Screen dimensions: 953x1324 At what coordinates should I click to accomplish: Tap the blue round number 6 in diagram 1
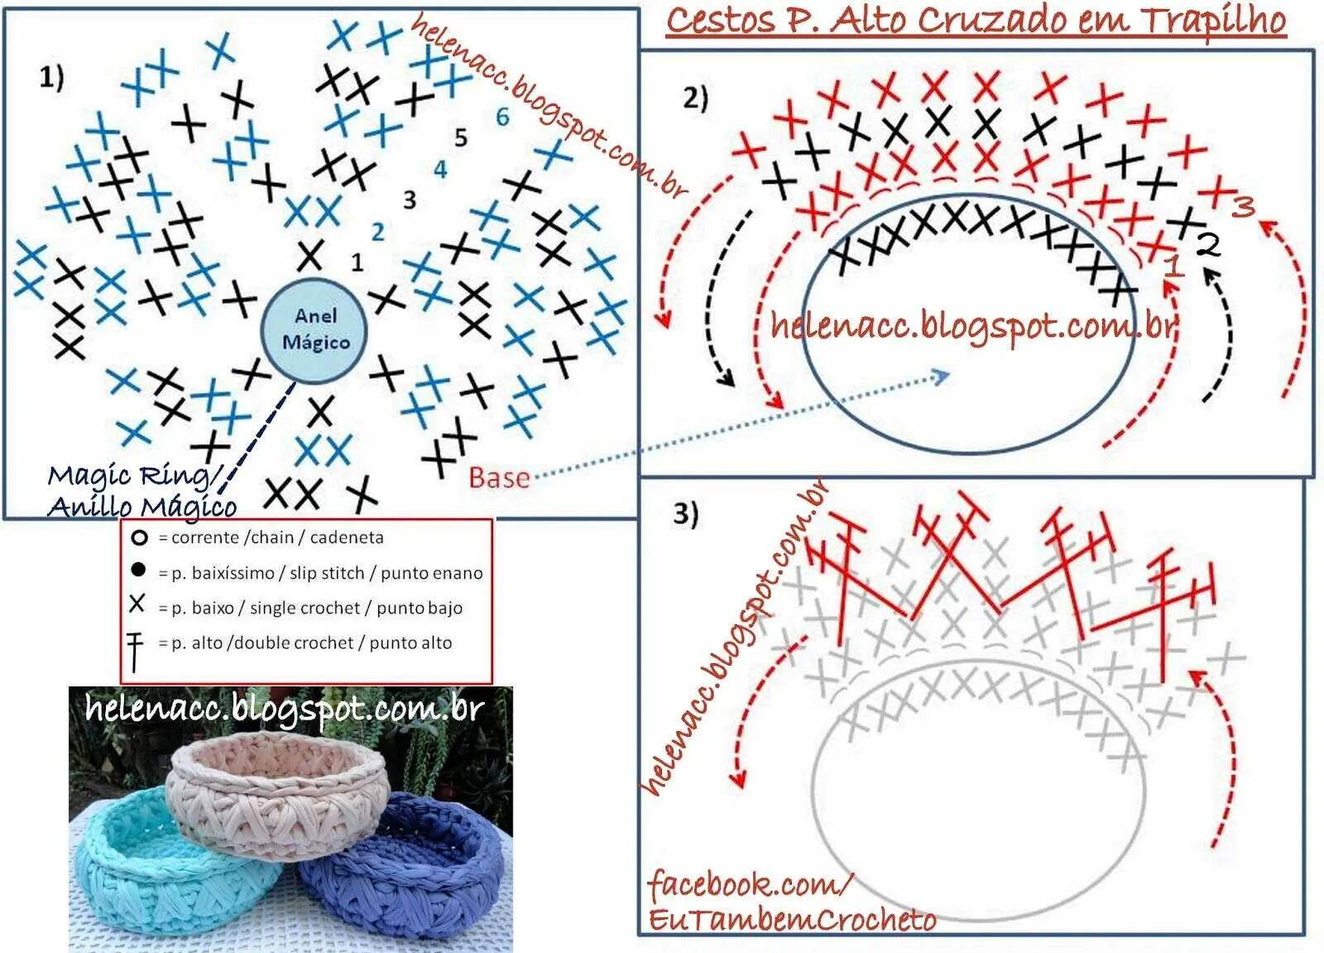pyautogui.click(x=501, y=118)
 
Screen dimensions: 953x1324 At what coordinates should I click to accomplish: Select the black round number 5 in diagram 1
pyautogui.click(x=461, y=137)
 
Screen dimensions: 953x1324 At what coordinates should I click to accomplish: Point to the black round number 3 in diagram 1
pyautogui.click(x=409, y=200)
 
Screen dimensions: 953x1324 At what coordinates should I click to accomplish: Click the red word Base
pyautogui.click(x=499, y=478)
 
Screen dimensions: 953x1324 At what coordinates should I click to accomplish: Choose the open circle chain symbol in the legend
pyautogui.click(x=139, y=538)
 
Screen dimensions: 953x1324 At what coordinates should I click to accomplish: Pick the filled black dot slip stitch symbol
pyautogui.click(x=138, y=570)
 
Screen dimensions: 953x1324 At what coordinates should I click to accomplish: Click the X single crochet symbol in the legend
pyautogui.click(x=137, y=604)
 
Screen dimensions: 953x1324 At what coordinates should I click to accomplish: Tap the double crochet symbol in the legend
pyautogui.click(x=135, y=651)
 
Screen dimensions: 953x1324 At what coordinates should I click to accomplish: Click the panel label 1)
pyautogui.click(x=51, y=77)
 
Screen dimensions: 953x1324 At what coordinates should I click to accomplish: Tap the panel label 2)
pyautogui.click(x=695, y=99)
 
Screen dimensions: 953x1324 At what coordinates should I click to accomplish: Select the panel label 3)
pyautogui.click(x=685, y=514)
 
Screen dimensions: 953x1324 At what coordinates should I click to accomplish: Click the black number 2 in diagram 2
pyautogui.click(x=1208, y=245)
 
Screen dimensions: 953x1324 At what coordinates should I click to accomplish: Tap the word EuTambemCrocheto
pyautogui.click(x=792, y=920)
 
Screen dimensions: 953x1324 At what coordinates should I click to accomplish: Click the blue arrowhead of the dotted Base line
pyautogui.click(x=942, y=378)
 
